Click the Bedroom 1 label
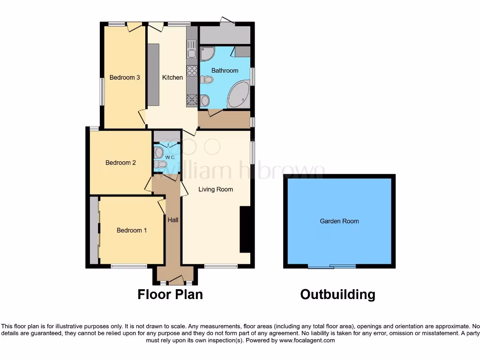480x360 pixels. pos(132,230)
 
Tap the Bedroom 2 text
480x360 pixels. pos(120,163)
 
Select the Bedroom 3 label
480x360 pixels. pos(125,77)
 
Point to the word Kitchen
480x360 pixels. pos(172,77)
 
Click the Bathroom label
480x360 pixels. pos(225,70)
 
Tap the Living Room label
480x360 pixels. pos(216,189)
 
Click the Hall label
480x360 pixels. pos(173,219)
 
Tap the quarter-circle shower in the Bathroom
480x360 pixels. pos(206,53)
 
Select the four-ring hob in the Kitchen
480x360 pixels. pos(192,70)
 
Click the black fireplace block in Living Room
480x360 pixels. pos(245,230)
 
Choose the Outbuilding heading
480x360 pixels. pos(337,294)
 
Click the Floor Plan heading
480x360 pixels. pos(170,294)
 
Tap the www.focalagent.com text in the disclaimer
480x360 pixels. pos(307,340)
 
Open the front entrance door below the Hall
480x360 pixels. pos(176,281)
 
